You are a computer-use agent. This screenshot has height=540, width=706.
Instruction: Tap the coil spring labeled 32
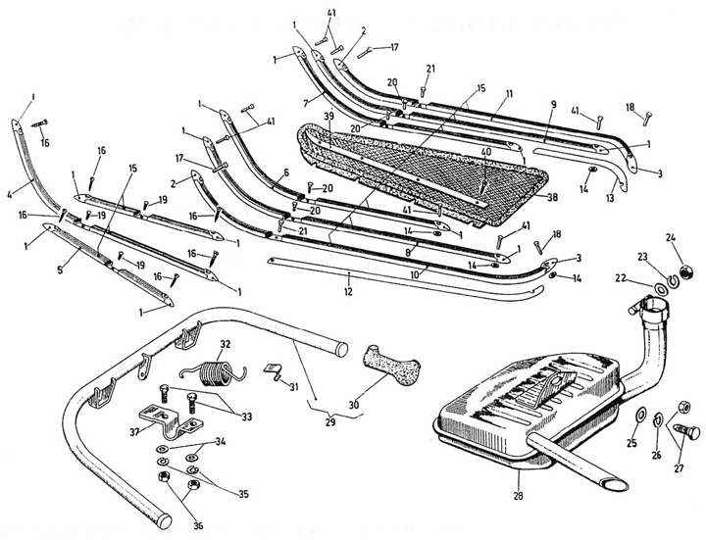(x=209, y=370)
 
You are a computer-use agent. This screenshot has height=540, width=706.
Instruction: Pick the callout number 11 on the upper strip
(x=510, y=94)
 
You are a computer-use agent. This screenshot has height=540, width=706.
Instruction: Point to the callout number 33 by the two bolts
(x=247, y=416)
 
